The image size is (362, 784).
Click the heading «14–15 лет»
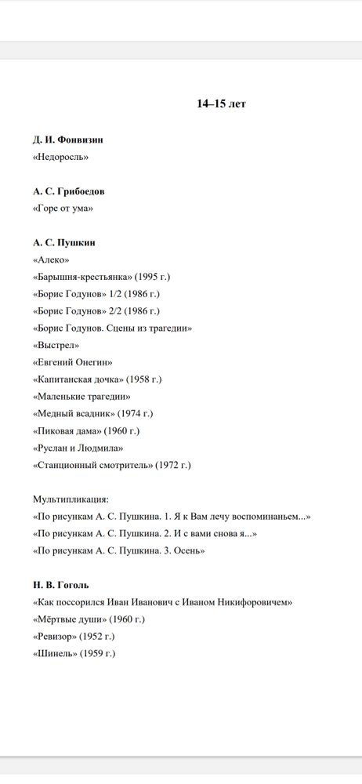click(221, 103)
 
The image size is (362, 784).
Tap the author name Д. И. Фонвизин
click(68, 140)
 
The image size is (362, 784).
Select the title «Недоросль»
click(60, 157)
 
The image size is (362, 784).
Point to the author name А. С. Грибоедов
click(69, 191)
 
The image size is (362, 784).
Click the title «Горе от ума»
click(63, 209)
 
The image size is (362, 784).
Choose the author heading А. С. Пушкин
click(64, 243)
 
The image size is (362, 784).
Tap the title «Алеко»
click(51, 260)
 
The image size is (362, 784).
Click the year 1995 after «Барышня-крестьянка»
click(150, 277)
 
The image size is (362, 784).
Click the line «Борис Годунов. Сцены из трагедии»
click(112, 328)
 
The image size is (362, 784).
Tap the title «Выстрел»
click(56, 345)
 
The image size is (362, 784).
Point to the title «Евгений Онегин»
click(73, 362)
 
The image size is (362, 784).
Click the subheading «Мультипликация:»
click(71, 499)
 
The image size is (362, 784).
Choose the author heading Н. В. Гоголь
click(61, 585)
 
